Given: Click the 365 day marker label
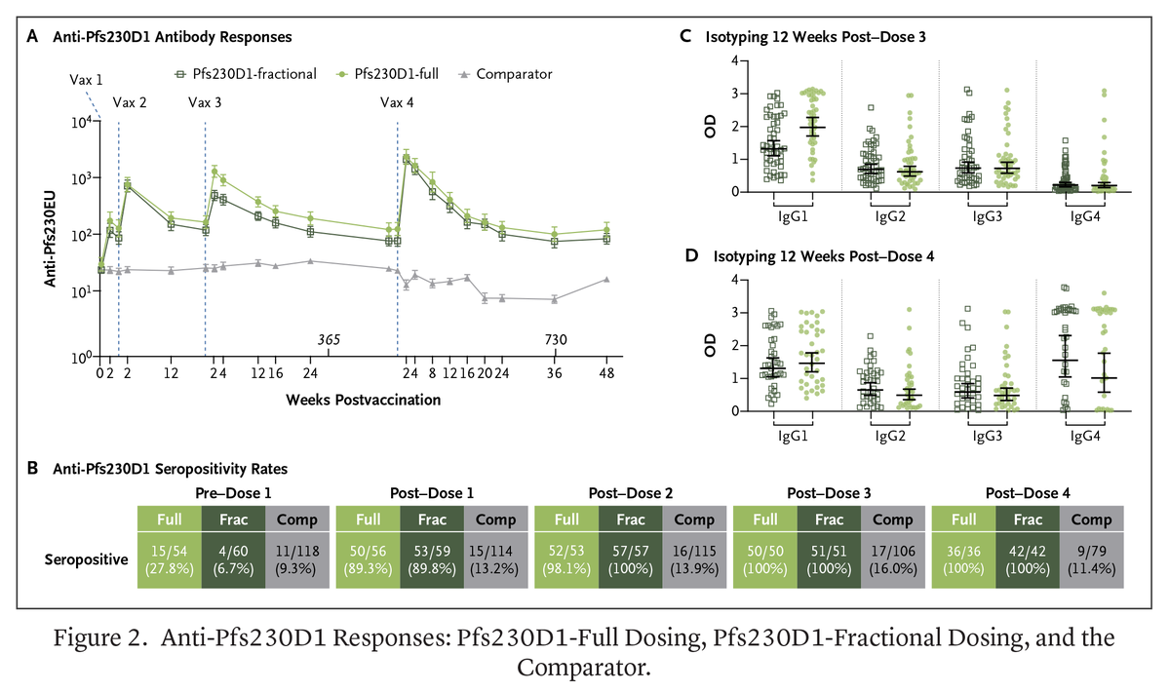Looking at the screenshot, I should tap(329, 340).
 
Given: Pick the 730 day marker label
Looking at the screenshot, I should tap(554, 340).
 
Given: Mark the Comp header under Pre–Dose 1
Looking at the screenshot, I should tap(296, 519).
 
